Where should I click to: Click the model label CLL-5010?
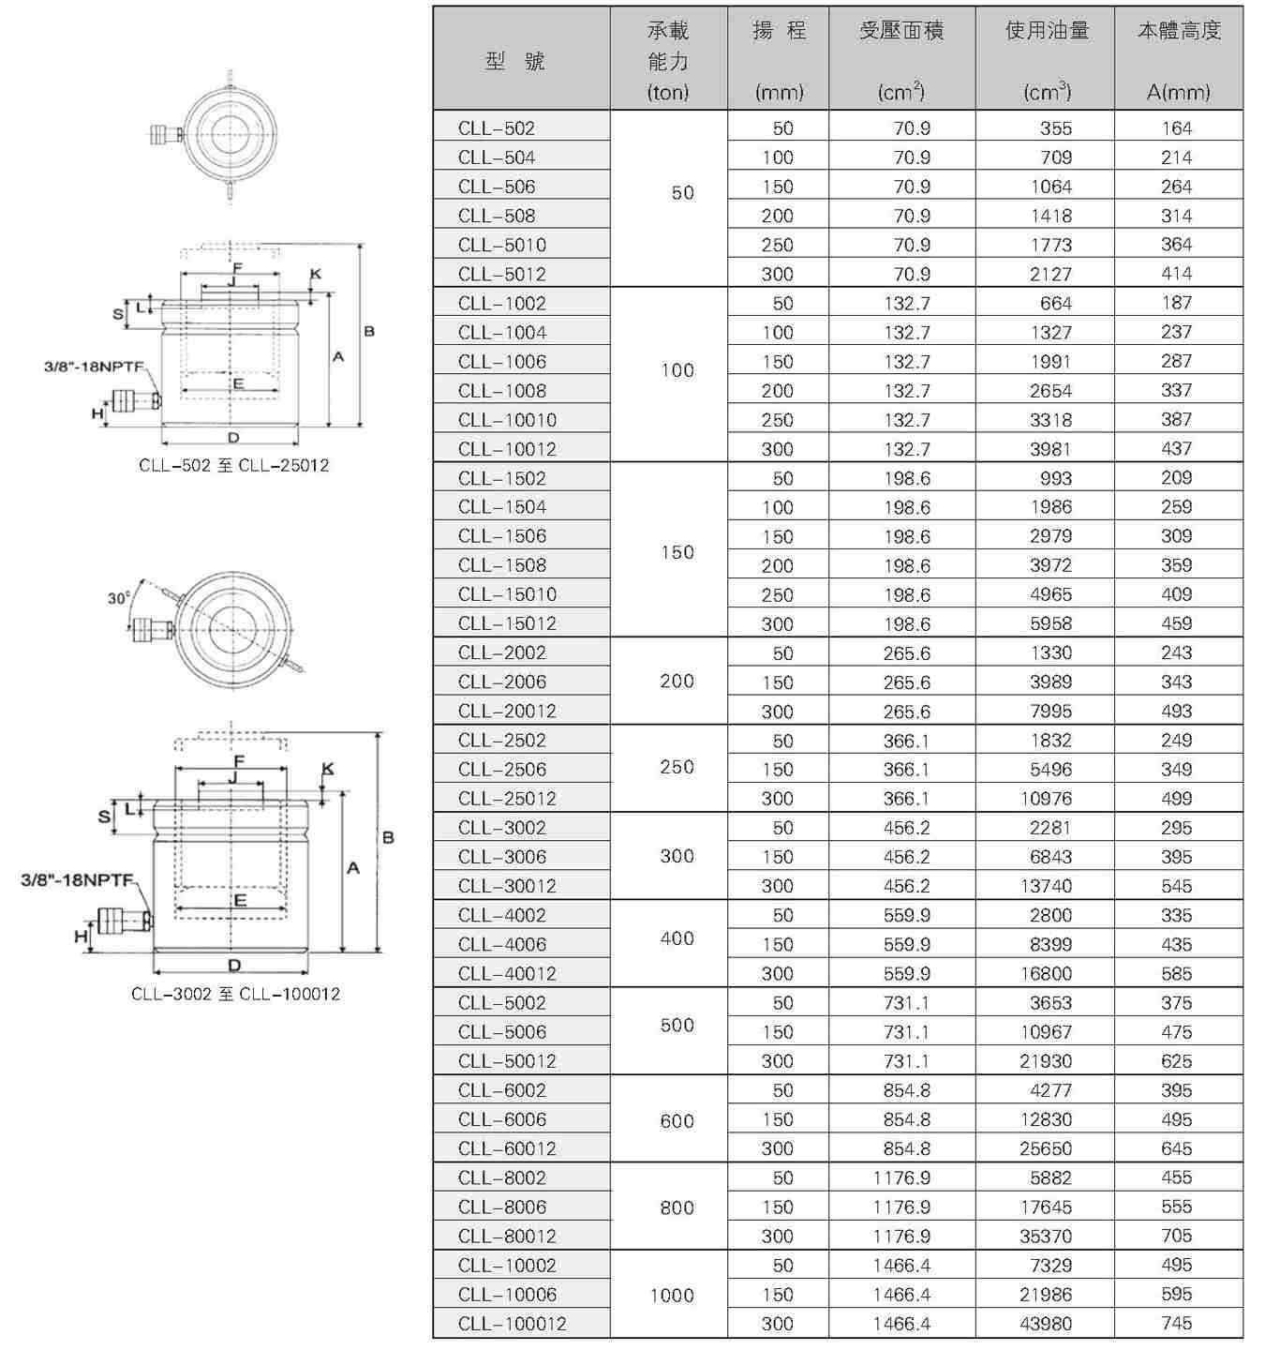pyautogui.click(x=501, y=245)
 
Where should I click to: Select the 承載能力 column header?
pyautogui.click(x=668, y=60)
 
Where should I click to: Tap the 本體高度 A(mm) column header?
pyautogui.click(x=1179, y=60)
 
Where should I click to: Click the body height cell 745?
pyautogui.click(x=1176, y=1324)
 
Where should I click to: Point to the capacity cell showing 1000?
pyautogui.click(x=672, y=1295)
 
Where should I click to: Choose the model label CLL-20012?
pyautogui.click(x=507, y=711)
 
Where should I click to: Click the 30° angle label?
pyautogui.click(x=118, y=598)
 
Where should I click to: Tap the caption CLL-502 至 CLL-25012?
pyautogui.click(x=233, y=465)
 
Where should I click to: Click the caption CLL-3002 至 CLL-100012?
pyautogui.click(x=235, y=994)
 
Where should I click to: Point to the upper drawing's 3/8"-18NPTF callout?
pyautogui.click(x=95, y=366)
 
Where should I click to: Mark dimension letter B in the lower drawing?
pyautogui.click(x=388, y=837)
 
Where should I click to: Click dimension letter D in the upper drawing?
pyautogui.click(x=233, y=438)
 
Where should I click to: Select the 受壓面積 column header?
pyautogui.click(x=901, y=60)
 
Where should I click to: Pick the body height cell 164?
pyautogui.click(x=1176, y=128)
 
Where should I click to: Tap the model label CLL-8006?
pyautogui.click(x=501, y=1207)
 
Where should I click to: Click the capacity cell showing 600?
pyautogui.click(x=677, y=1120)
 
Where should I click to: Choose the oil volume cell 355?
pyautogui.click(x=1055, y=128)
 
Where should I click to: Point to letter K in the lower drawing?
pyautogui.click(x=327, y=769)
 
